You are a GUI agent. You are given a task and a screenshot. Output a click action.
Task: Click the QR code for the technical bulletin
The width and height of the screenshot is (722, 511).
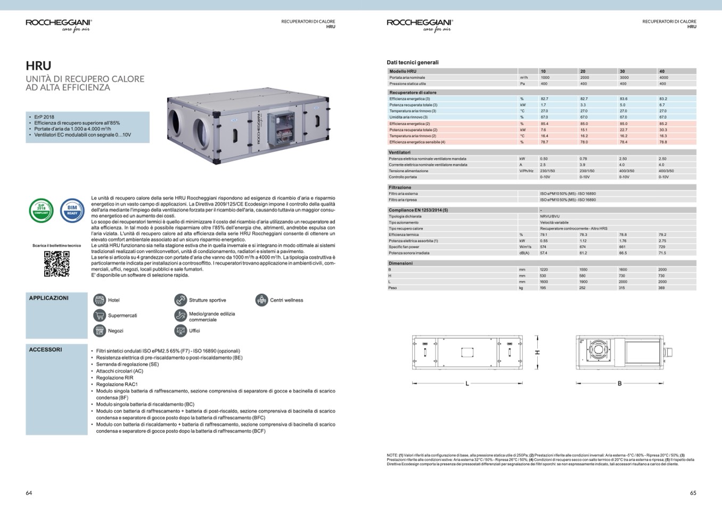point(56,264)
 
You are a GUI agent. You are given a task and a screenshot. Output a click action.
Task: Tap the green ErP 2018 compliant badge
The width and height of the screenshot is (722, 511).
point(41,210)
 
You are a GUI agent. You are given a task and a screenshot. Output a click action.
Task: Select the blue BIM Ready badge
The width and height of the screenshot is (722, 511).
point(72,210)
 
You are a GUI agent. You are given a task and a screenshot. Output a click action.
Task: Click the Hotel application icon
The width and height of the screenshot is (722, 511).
point(100,300)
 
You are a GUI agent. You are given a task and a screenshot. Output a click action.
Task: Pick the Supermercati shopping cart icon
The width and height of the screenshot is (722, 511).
point(100,315)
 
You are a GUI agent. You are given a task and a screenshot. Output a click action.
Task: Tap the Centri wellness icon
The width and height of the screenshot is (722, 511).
point(261,300)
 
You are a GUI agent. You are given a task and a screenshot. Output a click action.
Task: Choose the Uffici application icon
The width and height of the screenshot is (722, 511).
point(180,331)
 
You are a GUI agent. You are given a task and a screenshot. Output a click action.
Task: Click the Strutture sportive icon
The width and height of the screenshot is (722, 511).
point(180,300)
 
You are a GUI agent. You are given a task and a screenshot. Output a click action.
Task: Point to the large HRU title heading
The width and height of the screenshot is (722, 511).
point(38,66)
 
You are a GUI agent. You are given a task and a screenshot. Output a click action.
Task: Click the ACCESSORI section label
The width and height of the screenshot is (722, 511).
point(45,350)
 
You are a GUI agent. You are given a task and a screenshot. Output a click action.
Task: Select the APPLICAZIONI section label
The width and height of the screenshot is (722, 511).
point(48,298)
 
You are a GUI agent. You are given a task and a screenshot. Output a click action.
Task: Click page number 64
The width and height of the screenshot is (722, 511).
point(29,493)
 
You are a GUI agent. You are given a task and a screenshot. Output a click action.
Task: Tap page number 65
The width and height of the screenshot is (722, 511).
point(693,493)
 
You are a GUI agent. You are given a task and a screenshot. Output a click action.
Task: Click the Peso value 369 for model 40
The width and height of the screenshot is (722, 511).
point(662,288)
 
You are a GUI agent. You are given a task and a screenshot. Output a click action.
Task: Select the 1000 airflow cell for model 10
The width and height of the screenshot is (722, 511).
point(545,77)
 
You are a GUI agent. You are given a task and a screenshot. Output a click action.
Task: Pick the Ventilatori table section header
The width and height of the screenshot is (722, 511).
point(399,152)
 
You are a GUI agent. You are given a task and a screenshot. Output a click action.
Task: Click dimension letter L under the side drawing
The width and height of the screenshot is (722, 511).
point(467,383)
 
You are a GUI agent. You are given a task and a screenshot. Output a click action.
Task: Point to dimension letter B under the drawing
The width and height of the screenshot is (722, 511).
point(619,383)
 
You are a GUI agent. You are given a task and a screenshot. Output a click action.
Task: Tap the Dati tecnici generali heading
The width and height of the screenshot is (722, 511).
point(413,62)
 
